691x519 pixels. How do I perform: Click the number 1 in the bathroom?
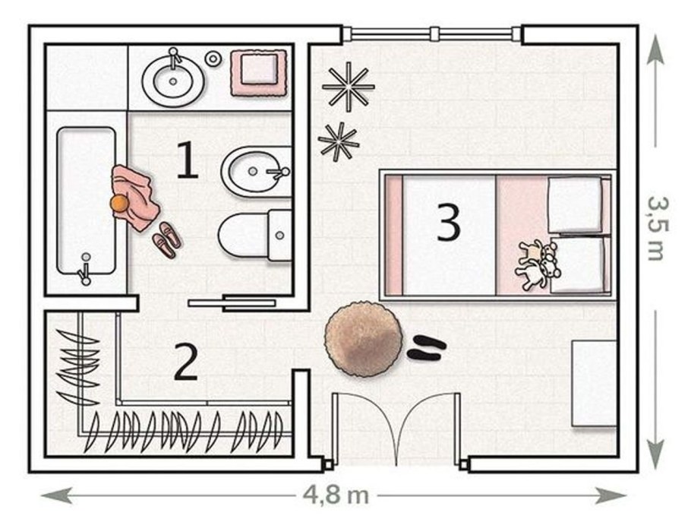point(188,160)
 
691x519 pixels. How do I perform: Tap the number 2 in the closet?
point(185,362)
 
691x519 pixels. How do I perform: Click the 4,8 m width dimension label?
point(336,495)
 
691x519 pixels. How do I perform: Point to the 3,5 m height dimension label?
point(658,229)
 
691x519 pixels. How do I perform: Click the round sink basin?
point(173,81)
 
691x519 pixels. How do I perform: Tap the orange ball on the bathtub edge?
point(119,204)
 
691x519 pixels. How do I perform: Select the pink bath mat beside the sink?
point(259,73)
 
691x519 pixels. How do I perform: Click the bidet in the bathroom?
point(256,172)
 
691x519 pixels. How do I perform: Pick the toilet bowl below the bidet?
point(254,235)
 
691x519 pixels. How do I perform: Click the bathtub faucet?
point(84,270)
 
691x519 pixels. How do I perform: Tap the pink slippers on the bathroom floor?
point(166,240)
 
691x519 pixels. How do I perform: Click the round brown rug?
point(364,339)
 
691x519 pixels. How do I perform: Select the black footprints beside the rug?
point(427,347)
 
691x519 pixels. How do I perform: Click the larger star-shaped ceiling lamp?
point(349,87)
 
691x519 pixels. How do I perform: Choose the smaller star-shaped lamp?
point(339,141)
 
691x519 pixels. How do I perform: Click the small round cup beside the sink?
point(213,59)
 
